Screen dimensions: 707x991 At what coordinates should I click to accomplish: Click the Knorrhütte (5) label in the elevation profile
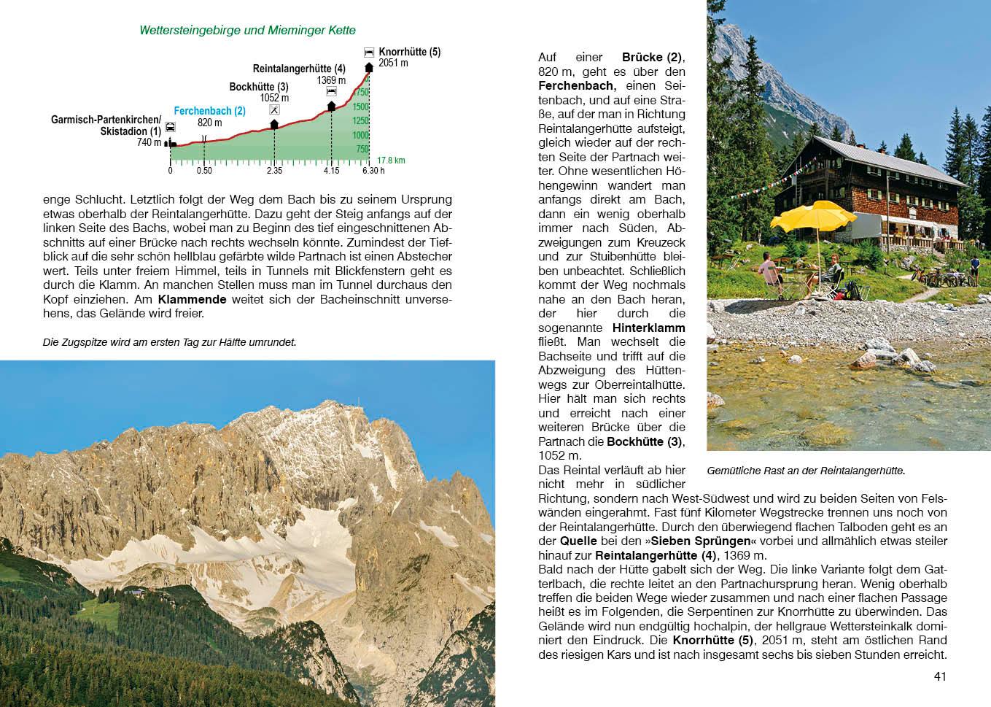pyautogui.click(x=409, y=52)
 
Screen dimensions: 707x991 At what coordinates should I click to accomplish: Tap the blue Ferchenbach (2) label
pyautogui.click(x=209, y=111)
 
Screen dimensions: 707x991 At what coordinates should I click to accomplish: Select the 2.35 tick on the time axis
pyautogui.click(x=274, y=171)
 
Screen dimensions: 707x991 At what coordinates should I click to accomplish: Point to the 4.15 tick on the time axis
pyautogui.click(x=331, y=171)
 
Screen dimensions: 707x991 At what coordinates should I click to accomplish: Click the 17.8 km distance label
pyautogui.click(x=391, y=161)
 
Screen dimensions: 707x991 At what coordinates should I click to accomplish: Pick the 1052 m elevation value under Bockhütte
pyautogui.click(x=274, y=98)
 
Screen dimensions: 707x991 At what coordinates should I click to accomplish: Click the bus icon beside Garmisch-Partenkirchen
pyautogui.click(x=171, y=127)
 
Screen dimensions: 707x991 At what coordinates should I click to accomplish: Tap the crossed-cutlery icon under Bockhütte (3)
pyautogui.click(x=274, y=110)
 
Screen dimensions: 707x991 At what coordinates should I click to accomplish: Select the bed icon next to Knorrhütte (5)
pyautogui.click(x=369, y=53)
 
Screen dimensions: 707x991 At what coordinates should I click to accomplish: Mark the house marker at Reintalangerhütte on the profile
pyautogui.click(x=331, y=107)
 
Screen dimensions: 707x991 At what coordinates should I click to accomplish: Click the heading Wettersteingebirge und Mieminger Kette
pyautogui.click(x=247, y=31)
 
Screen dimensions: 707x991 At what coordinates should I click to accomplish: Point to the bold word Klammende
pyautogui.click(x=192, y=299)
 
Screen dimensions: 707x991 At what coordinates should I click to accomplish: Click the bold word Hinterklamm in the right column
pyautogui.click(x=648, y=328)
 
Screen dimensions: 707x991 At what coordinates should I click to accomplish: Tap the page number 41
pyautogui.click(x=940, y=676)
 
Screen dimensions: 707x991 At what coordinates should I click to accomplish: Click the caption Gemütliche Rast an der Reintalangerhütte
pyautogui.click(x=806, y=471)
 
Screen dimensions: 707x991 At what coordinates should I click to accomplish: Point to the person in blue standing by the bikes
pyautogui.click(x=974, y=271)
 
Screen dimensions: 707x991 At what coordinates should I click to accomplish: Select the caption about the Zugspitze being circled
pyautogui.click(x=170, y=342)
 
